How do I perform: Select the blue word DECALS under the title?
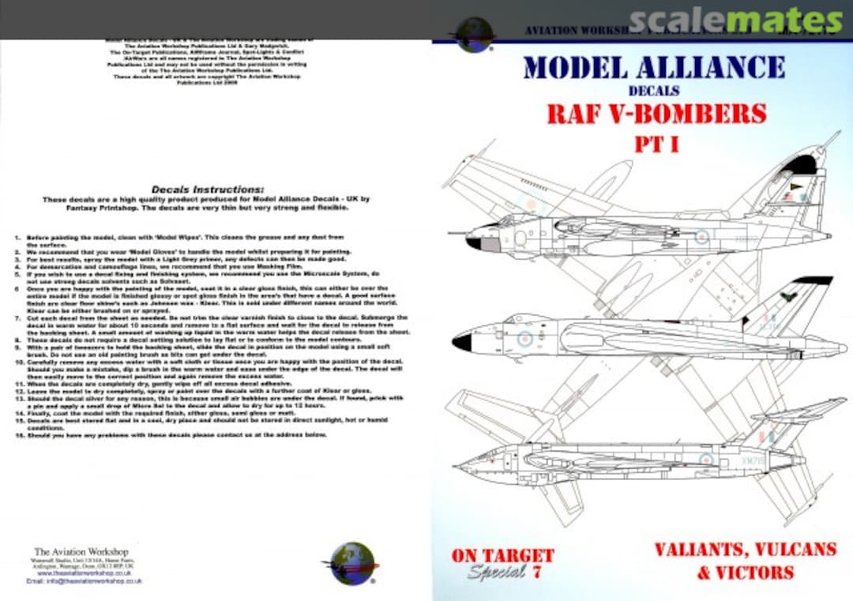tap(654, 91)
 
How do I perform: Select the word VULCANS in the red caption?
tap(792, 550)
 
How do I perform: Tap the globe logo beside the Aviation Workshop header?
tap(475, 35)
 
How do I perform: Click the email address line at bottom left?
tap(84, 580)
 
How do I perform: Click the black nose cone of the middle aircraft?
tap(462, 342)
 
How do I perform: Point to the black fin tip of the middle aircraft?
tap(813, 280)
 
